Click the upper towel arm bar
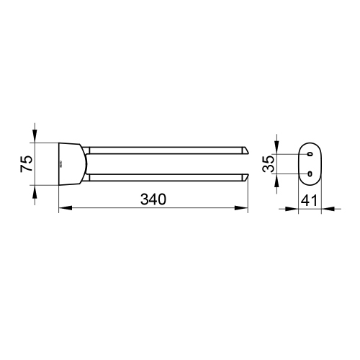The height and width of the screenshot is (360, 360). tap(166, 150)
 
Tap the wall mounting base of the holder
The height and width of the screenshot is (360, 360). tap(71, 163)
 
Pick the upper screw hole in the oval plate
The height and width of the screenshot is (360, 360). tap(309, 153)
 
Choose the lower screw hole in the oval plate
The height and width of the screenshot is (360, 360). tap(309, 174)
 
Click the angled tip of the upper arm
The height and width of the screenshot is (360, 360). tap(245, 150)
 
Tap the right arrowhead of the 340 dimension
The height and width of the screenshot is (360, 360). tap(244, 210)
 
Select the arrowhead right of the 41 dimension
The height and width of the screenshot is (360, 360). tap(326, 210)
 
